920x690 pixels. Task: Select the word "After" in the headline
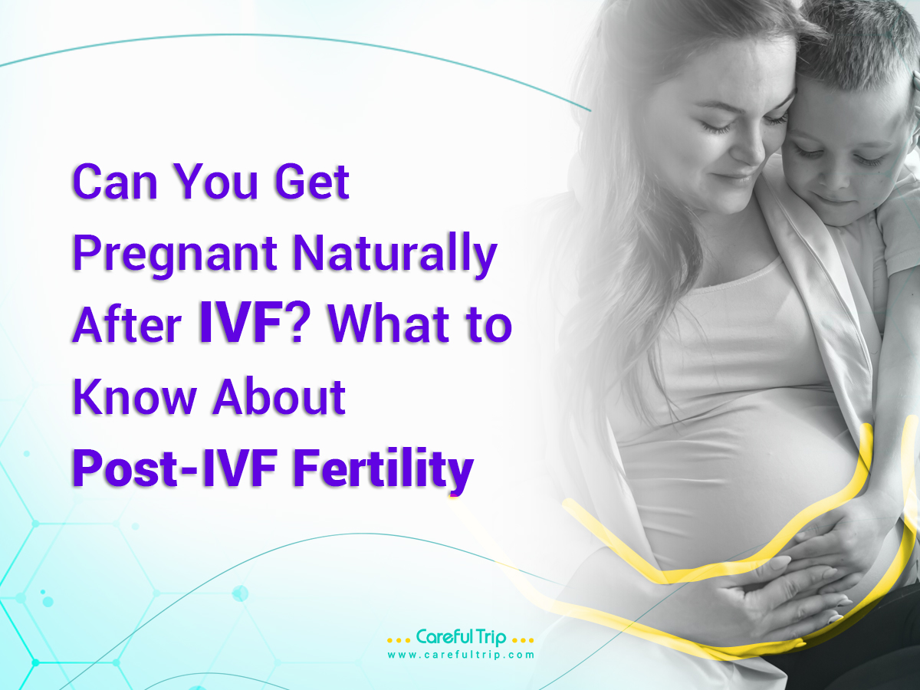pos(127,326)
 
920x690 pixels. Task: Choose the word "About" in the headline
pos(279,396)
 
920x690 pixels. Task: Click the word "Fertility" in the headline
pos(383,469)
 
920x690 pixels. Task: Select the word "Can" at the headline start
pos(115,182)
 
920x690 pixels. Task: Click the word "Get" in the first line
pos(312,182)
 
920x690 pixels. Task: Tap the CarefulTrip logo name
pos(461,637)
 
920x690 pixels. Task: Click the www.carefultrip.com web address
pos(461,655)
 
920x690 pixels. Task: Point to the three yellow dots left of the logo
pos(399,641)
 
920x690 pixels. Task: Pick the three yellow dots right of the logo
pos(523,641)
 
